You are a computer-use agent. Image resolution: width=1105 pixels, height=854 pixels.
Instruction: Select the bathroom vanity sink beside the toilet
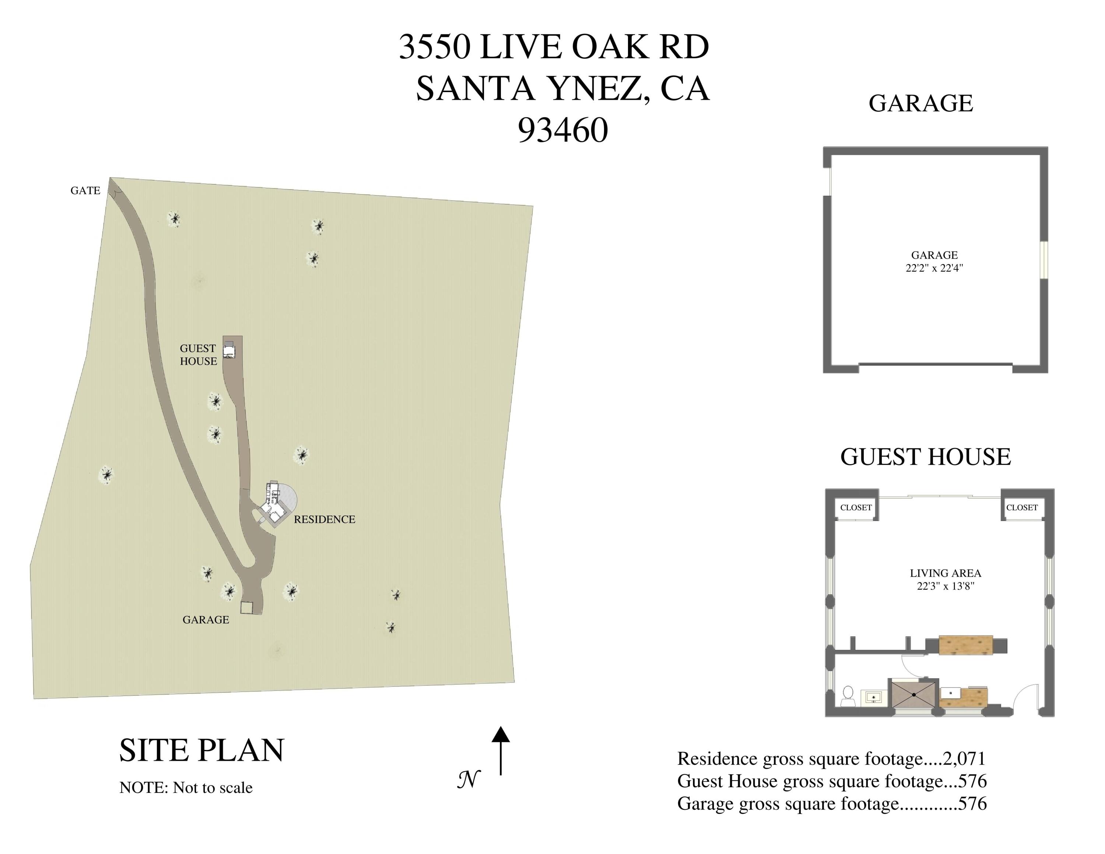click(874, 697)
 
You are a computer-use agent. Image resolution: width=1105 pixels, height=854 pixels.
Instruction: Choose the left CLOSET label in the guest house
click(856, 507)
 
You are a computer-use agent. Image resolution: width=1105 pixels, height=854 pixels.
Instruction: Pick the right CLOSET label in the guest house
click(1022, 507)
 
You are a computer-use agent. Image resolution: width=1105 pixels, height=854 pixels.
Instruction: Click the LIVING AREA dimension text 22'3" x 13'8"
click(946, 587)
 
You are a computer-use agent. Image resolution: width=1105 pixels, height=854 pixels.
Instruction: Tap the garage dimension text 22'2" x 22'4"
click(934, 268)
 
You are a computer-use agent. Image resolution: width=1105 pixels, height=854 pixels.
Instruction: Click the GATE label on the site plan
click(85, 191)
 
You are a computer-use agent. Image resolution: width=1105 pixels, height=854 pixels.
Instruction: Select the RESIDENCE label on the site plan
click(324, 519)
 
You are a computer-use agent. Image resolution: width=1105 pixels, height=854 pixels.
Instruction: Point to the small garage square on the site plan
click(246, 608)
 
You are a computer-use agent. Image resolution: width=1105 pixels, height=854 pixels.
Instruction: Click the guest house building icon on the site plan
click(229, 350)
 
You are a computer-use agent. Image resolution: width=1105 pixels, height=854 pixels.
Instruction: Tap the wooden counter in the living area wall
click(965, 645)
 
